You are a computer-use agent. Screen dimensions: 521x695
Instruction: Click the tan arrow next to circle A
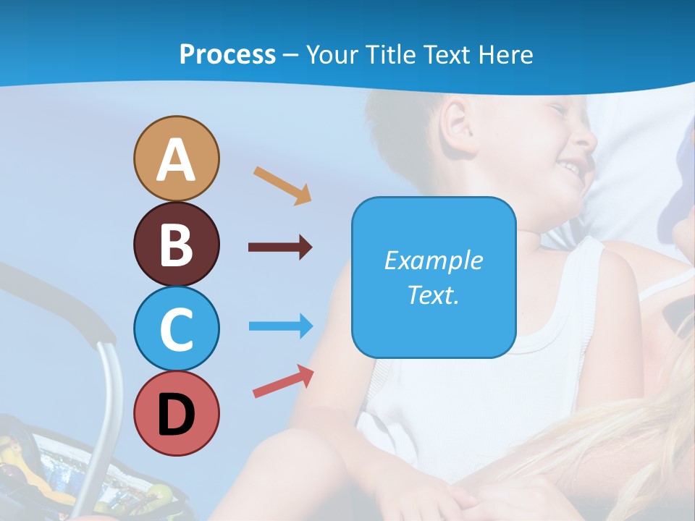tap(282, 185)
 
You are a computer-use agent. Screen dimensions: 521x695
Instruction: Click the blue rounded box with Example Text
tap(434, 277)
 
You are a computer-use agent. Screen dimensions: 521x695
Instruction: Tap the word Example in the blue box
tap(434, 260)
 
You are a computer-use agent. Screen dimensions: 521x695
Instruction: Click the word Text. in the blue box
tap(434, 295)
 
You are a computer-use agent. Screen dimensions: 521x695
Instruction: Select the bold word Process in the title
tap(227, 55)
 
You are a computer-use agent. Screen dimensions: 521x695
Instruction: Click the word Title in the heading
tap(391, 55)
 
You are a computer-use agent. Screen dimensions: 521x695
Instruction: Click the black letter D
tap(176, 415)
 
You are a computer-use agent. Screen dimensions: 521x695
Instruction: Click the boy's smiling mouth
tap(572, 168)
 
